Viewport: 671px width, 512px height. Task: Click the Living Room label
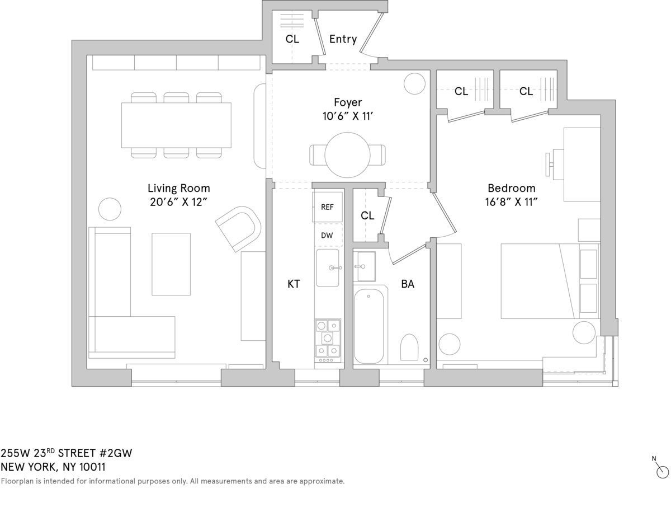coord(179,188)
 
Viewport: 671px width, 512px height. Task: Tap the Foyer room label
coord(348,102)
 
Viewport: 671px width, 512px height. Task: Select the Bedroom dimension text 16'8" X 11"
coord(511,202)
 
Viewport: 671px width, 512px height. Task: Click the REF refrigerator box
coord(327,207)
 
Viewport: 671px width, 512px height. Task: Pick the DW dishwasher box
coord(327,235)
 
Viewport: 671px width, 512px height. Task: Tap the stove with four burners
coord(327,338)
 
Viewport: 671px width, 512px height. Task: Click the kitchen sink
coord(328,268)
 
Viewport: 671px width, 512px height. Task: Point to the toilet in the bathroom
coord(409,347)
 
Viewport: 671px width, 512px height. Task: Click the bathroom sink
coord(367,266)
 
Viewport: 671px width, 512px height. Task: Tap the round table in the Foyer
coord(348,155)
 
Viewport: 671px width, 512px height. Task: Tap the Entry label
coord(343,39)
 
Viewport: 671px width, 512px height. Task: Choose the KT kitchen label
coord(294,284)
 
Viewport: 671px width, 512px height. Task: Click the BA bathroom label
coord(408,284)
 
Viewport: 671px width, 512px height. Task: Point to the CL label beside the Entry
coord(292,39)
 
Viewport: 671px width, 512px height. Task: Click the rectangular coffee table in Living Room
coord(171,264)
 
